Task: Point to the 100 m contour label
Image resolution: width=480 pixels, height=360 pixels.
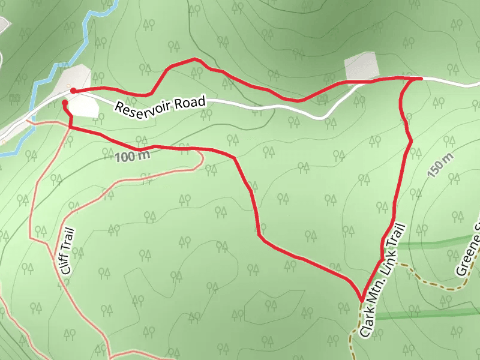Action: [130, 157]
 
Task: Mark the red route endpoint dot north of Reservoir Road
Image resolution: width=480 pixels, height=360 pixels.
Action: [73, 91]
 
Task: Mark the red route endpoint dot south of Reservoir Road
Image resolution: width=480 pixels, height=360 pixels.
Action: [65, 103]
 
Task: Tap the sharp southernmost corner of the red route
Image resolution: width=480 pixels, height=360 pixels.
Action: [361, 298]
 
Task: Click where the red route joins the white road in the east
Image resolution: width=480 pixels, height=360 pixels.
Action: [419, 78]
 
